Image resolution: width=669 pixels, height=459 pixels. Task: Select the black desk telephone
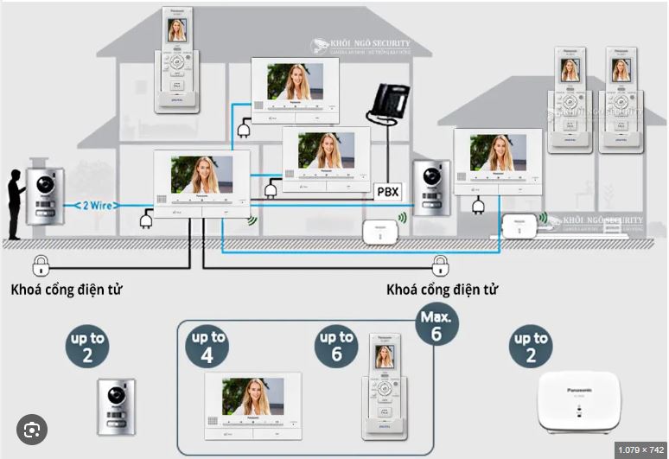coord(388,105)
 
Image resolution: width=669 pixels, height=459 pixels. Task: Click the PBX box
coord(387,192)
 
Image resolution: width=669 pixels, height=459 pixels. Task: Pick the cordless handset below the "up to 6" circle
coord(384,388)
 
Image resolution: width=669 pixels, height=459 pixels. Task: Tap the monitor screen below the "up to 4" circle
coord(252,397)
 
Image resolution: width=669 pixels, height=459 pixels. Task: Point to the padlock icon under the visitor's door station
coord(40,265)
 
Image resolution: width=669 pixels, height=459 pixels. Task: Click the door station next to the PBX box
coord(430,187)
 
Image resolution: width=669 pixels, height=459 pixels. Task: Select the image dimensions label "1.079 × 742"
coord(640,450)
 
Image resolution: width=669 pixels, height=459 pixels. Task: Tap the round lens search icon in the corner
coord(31,430)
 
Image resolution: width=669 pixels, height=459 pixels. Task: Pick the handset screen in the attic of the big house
coord(176,30)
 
